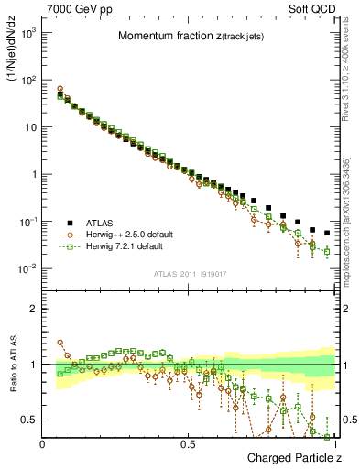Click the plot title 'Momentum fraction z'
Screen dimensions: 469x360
coord(188,36)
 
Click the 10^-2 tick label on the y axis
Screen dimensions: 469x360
coord(28,268)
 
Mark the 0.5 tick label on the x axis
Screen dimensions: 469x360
coord(190,444)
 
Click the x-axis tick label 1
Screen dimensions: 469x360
coord(336,444)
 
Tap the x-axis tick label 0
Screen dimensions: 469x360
coord(43,444)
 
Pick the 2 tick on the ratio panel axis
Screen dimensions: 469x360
coord(32,309)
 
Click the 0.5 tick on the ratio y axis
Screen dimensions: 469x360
coord(28,420)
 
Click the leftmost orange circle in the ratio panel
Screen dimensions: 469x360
coord(60,343)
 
